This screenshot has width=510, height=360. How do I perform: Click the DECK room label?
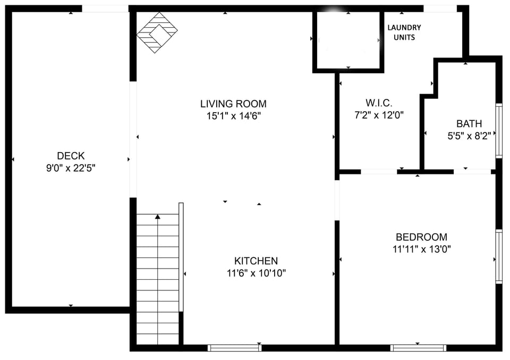(x=71, y=156)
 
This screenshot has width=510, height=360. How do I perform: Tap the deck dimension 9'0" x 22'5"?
(x=71, y=168)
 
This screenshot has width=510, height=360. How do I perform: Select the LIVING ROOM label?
(x=233, y=104)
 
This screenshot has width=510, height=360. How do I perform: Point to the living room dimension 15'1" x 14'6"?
(x=234, y=115)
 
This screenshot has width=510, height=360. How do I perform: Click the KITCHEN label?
(x=256, y=261)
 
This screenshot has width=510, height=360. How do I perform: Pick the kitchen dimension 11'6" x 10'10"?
(x=256, y=273)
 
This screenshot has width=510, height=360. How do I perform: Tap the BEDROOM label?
(x=421, y=237)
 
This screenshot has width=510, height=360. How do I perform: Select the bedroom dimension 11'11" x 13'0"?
(x=421, y=249)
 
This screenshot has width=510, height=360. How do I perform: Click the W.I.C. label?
(x=379, y=103)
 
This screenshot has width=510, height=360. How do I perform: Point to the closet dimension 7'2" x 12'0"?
(x=379, y=115)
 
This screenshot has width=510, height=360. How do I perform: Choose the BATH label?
(x=469, y=124)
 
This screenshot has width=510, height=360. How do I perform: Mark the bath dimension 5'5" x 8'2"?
(x=469, y=136)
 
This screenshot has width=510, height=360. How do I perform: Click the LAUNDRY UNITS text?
(x=404, y=32)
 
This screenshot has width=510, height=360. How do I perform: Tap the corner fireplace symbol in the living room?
(x=157, y=33)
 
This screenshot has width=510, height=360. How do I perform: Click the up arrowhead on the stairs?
(x=158, y=216)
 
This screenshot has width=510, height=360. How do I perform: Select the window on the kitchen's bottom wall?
(x=234, y=348)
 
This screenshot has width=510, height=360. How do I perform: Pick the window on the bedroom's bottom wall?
(x=418, y=348)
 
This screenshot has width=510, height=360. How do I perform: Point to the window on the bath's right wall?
(x=499, y=130)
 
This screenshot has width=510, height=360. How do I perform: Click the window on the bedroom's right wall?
(x=499, y=256)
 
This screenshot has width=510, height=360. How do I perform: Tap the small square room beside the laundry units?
(x=348, y=40)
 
